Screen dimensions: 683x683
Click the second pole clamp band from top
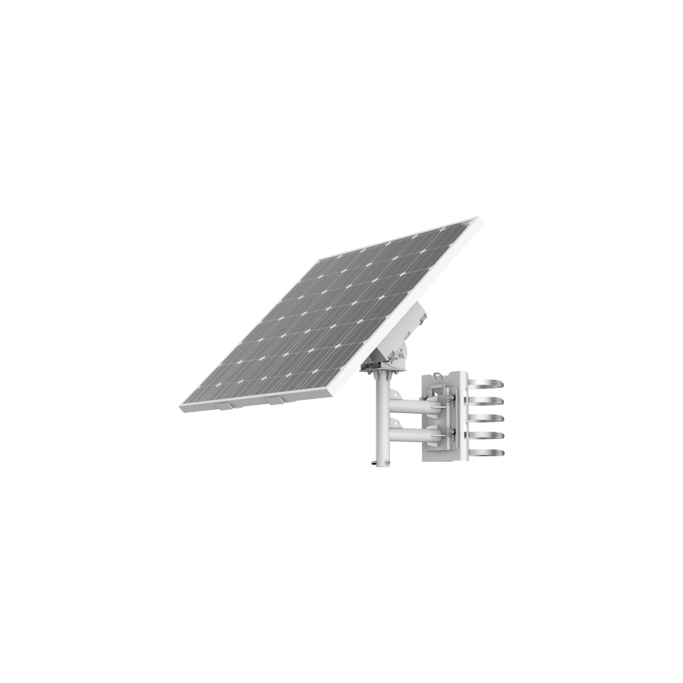pyautogui.click(x=486, y=399)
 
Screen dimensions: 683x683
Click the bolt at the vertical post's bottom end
pyautogui.click(x=372, y=464)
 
